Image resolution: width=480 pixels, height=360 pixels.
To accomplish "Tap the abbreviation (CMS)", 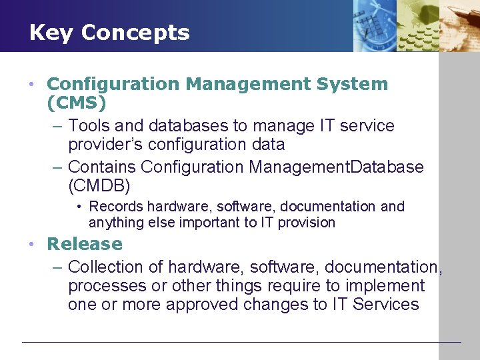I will tap(77, 103).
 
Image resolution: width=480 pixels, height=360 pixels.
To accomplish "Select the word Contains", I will tap(102, 167).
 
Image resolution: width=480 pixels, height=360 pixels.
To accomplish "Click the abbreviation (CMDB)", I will tap(99, 185).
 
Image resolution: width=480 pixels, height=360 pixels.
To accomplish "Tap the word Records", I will tap(116, 207).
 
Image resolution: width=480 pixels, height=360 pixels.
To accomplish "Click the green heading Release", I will tap(85, 244).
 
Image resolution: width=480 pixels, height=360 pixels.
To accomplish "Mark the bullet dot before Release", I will tap(31, 245).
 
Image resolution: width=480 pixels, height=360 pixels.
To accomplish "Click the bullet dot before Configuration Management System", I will tap(31, 85).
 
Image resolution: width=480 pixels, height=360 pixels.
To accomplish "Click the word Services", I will tap(385, 305).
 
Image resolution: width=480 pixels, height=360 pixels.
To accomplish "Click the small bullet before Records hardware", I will tap(79, 207).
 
